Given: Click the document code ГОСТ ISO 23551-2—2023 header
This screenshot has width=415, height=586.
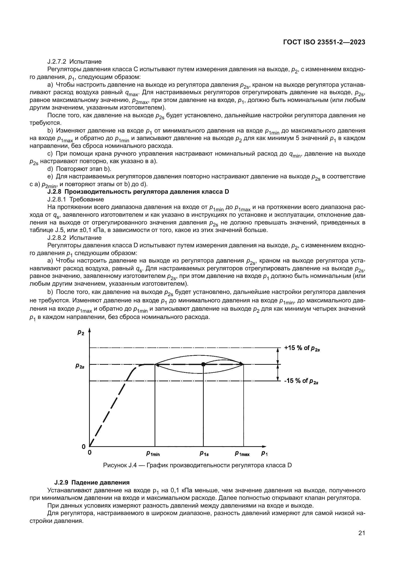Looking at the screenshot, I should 324,42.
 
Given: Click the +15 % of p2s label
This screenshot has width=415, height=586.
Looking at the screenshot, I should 302,348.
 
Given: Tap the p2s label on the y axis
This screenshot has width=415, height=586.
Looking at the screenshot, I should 80,366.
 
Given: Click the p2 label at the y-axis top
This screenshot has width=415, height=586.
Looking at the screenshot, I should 81,332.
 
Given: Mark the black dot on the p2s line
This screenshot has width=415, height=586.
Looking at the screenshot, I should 203,365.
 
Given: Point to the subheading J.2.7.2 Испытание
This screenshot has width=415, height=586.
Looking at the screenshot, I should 74,62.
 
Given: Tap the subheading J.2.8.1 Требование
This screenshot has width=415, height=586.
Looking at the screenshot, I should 75,199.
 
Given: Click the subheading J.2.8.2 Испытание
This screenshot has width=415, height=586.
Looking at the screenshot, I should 74,238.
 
